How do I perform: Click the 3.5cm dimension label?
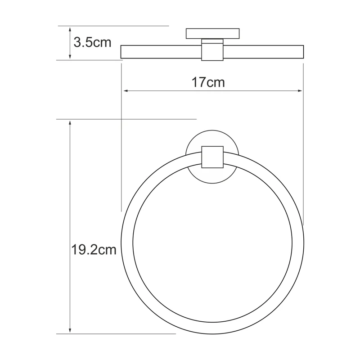(92, 43)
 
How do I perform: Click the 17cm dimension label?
(208, 82)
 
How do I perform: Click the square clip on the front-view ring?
(212, 157)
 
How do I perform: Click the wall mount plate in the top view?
(212, 34)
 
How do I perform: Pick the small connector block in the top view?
(212, 50)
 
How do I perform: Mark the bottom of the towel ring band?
(212, 328)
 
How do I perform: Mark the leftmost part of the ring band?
(127, 243)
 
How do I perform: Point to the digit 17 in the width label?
(198, 82)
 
